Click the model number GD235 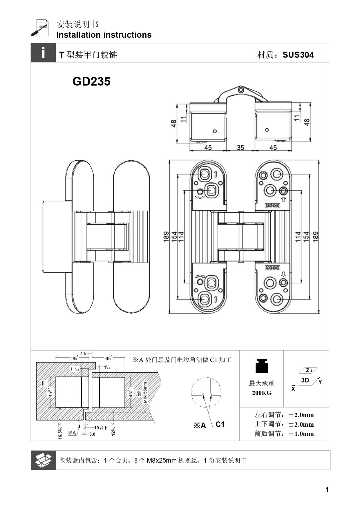point(91,81)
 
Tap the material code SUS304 point(298,55)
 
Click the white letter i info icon point(43,53)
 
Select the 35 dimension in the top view point(240,148)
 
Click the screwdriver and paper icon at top point(40,28)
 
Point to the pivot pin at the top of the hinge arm point(240,89)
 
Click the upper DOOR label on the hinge point(272,206)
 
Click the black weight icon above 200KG point(262,366)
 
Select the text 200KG point(262,393)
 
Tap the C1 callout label point(220,424)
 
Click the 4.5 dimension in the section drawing point(83,353)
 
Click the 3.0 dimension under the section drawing point(92,434)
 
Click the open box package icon point(43,460)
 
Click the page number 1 point(327,490)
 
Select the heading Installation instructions point(104,35)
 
